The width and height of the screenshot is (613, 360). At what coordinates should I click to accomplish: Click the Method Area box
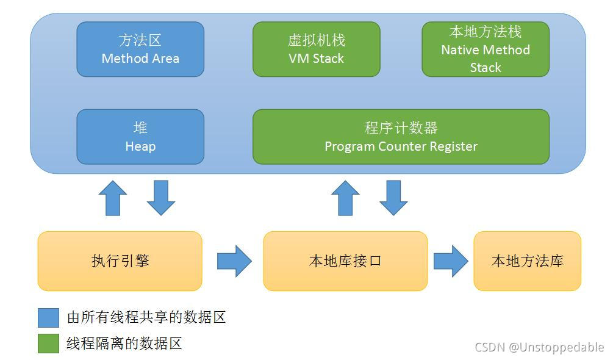pyautogui.click(x=140, y=49)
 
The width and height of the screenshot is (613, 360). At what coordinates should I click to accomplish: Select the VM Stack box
pyautogui.click(x=316, y=49)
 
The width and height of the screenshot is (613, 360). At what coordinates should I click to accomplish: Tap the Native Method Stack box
pyautogui.click(x=486, y=49)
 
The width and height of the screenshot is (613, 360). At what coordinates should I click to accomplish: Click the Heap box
pyautogui.click(x=140, y=137)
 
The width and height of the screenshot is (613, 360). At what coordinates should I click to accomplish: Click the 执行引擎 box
pyautogui.click(x=120, y=261)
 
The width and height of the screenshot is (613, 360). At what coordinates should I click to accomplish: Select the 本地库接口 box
pyautogui.click(x=345, y=261)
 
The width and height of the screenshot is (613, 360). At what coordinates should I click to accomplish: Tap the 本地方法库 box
pyautogui.click(x=527, y=261)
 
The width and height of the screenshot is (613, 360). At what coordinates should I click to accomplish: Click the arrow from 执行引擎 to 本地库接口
pyautogui.click(x=234, y=261)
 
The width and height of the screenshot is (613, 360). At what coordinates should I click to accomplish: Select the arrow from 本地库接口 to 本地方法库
pyautogui.click(x=451, y=261)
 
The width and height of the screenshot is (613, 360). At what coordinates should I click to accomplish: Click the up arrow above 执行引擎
pyautogui.click(x=113, y=198)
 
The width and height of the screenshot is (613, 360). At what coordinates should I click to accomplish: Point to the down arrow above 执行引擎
pyautogui.click(x=161, y=198)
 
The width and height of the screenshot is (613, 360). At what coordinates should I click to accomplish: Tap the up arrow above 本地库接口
pyautogui.click(x=345, y=198)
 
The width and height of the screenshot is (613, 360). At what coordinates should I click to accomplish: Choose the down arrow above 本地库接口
pyautogui.click(x=393, y=198)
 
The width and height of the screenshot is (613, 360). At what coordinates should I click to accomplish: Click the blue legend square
pyautogui.click(x=48, y=317)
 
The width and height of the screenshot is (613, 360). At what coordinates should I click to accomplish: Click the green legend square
pyautogui.click(x=48, y=343)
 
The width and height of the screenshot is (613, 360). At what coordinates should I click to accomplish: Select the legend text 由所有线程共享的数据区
pyautogui.click(x=146, y=317)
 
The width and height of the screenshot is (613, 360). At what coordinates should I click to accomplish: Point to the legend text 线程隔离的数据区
pyautogui.click(x=124, y=343)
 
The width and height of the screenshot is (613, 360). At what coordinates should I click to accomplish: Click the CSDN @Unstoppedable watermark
pyautogui.click(x=539, y=347)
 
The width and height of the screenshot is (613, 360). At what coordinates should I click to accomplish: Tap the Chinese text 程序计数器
pyautogui.click(x=401, y=128)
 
